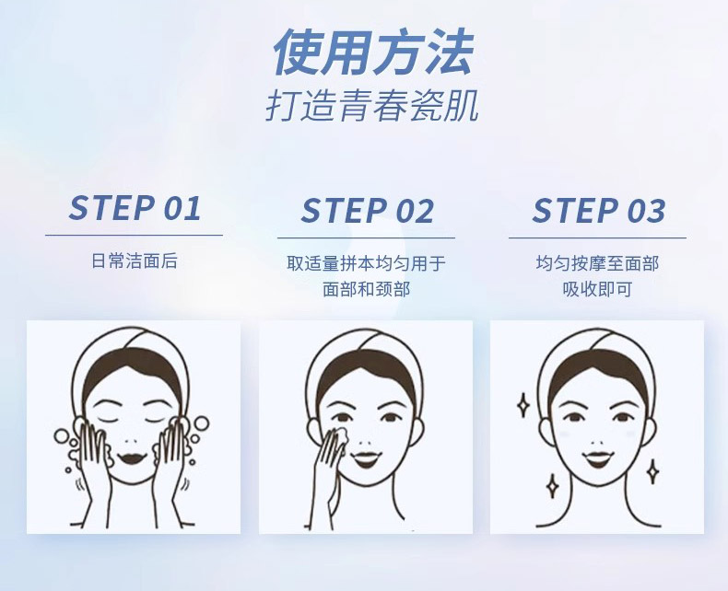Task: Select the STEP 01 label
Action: [x=135, y=208]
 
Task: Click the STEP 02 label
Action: [x=367, y=211]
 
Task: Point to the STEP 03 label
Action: [x=598, y=211]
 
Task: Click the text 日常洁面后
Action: [x=135, y=261]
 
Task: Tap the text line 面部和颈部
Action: [x=367, y=289]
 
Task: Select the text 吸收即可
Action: [x=598, y=289]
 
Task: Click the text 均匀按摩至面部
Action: [x=598, y=263]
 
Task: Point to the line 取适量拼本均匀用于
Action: [x=367, y=263]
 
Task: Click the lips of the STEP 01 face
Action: [x=135, y=453]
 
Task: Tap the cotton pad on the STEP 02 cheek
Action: [x=338, y=435]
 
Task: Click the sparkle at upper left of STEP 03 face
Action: [x=523, y=403]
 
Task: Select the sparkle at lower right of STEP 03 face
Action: [x=652, y=470]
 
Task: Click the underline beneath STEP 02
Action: [x=367, y=238]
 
